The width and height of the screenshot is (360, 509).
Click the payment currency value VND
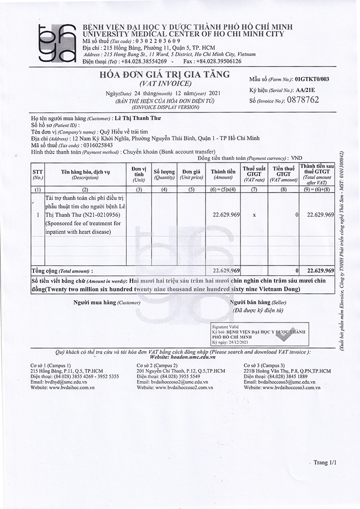tap(296, 156)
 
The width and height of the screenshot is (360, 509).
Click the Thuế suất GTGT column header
tap(253, 174)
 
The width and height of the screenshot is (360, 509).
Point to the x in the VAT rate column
tap(254, 214)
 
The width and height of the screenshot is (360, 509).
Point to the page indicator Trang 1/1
tap(325, 463)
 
